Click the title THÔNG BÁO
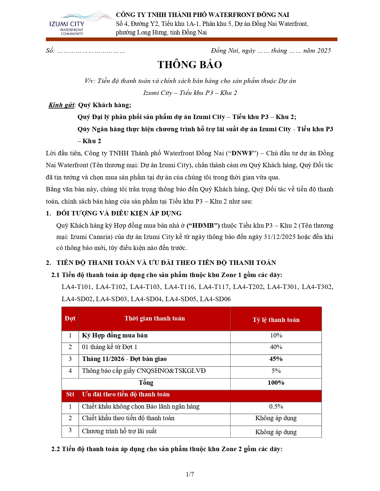point(190,65)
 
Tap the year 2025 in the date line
point(324,51)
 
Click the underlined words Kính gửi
point(61,105)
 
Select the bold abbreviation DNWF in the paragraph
point(242,153)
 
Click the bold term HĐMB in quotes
point(203,226)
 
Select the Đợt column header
point(70,318)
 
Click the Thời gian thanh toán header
point(154,318)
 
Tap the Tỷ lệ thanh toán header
point(276,320)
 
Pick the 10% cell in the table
point(276,335)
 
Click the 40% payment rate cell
point(276,347)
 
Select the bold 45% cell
point(276,359)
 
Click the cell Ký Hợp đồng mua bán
point(115,335)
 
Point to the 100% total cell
point(276,383)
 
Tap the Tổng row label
point(146,383)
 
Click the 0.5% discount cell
point(276,406)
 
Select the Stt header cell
point(70,394)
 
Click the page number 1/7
point(190,474)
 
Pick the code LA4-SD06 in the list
point(215,299)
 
